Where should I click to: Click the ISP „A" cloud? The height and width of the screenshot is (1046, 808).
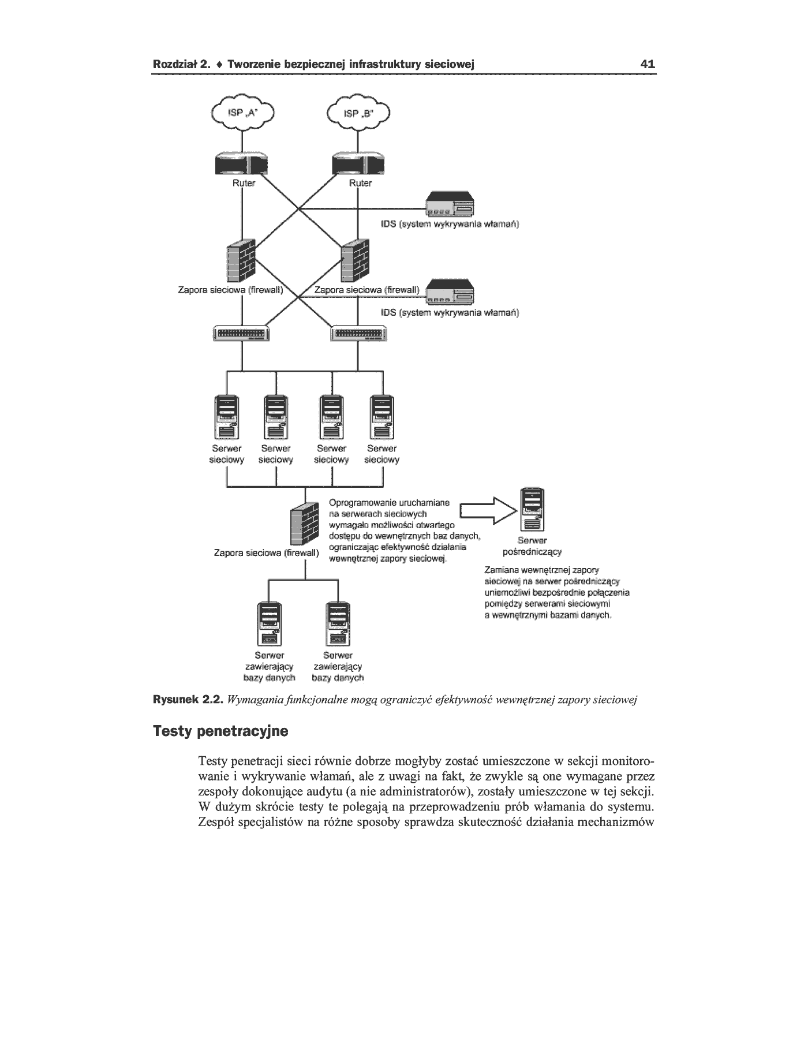pyautogui.click(x=242, y=113)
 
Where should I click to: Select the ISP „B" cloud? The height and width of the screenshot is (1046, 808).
pyautogui.click(x=358, y=113)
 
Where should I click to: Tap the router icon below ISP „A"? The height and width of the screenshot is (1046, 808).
pyautogui.click(x=242, y=163)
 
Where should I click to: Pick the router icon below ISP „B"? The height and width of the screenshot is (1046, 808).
pyautogui.click(x=359, y=163)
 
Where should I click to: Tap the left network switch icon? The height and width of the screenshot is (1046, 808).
pyautogui.click(x=242, y=334)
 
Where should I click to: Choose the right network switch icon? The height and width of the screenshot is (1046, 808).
pyautogui.click(x=358, y=334)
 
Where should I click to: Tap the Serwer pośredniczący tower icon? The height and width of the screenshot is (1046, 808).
pyautogui.click(x=532, y=510)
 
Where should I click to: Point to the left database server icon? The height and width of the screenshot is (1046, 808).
pyautogui.click(x=270, y=624)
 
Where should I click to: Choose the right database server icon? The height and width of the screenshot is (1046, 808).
pyautogui.click(x=338, y=624)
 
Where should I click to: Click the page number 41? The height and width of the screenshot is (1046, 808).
pyautogui.click(x=648, y=64)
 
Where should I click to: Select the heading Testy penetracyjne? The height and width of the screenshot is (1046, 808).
pyautogui.click(x=220, y=732)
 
